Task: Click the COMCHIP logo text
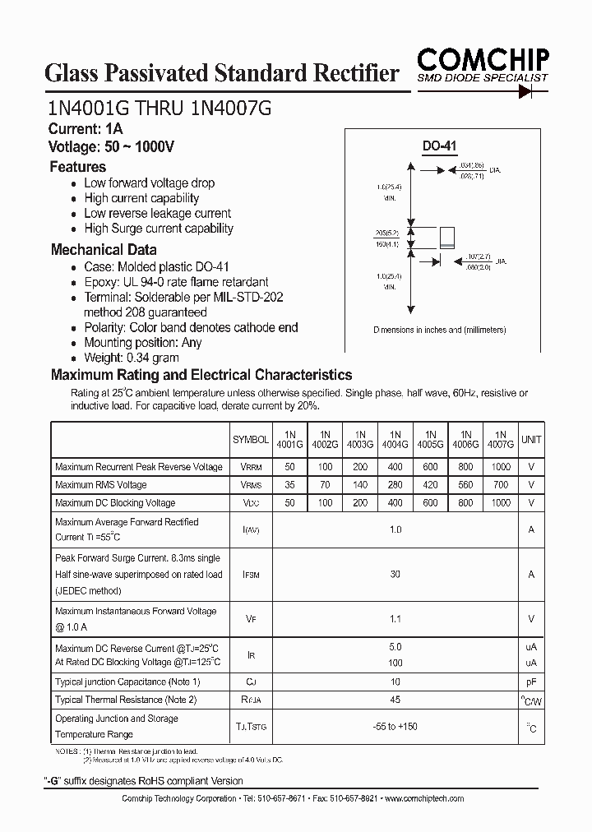coord(483,58)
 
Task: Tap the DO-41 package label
coord(439,146)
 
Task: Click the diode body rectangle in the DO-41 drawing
coord(448,237)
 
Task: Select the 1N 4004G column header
coord(395,439)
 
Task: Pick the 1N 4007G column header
coord(500,439)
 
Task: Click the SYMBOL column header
coord(250,440)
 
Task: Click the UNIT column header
coord(531,440)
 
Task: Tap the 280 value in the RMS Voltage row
coord(395,485)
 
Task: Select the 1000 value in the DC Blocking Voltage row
coord(500,503)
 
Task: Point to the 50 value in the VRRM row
coord(289,467)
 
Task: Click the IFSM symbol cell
coord(250,575)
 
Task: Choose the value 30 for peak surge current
coord(395,575)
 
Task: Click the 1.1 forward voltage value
coord(395,620)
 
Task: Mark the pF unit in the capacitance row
coord(531,682)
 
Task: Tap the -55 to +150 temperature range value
coord(395,726)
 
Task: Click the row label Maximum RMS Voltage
coord(101,485)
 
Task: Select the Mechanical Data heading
coord(104,250)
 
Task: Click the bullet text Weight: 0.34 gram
coord(132,358)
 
